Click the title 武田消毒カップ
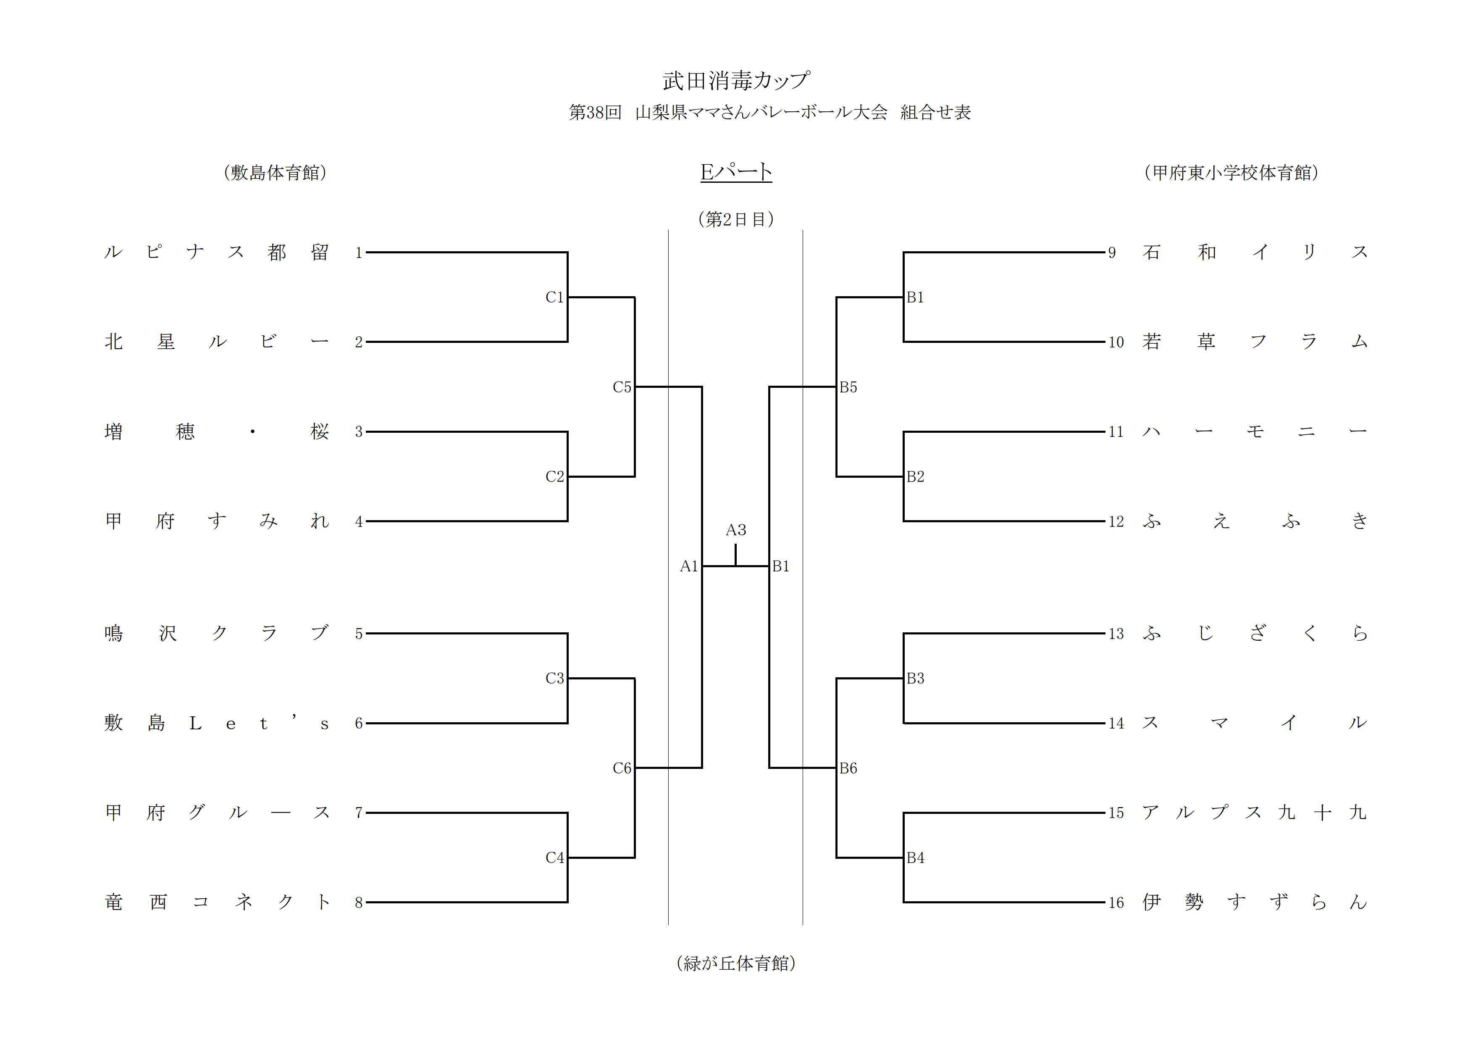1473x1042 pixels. click(x=736, y=81)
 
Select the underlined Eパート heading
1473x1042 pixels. click(x=736, y=172)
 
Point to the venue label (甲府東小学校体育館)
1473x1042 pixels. click(x=1231, y=173)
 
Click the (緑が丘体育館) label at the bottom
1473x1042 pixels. click(x=736, y=963)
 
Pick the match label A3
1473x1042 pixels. click(x=736, y=530)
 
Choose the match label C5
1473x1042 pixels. click(x=622, y=387)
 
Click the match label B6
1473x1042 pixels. click(x=848, y=768)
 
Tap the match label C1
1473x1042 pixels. click(x=554, y=297)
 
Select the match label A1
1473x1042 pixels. click(x=688, y=566)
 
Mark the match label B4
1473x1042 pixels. click(x=916, y=858)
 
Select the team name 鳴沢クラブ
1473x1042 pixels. click(x=217, y=633)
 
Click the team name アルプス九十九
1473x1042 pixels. click(x=1254, y=812)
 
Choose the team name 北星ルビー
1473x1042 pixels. click(x=217, y=341)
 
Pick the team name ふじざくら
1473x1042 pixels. click(x=1254, y=633)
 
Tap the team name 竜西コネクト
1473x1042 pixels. click(x=217, y=902)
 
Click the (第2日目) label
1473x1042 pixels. click(x=736, y=219)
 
